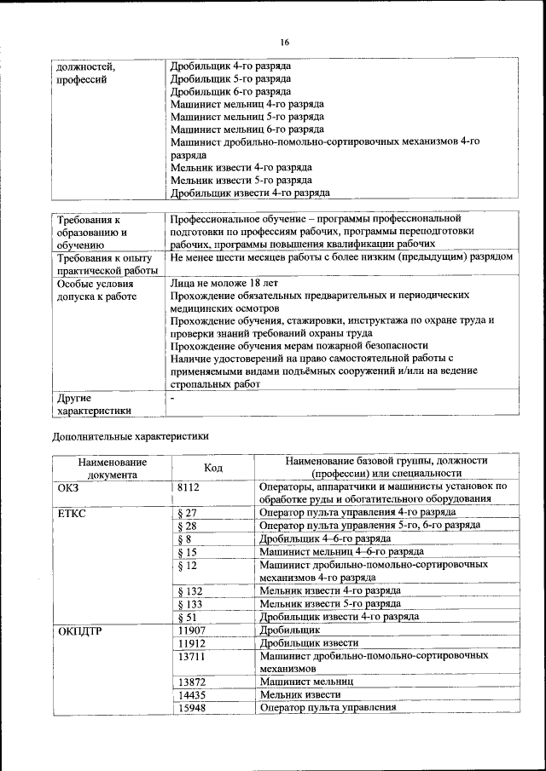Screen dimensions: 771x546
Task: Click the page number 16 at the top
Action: coord(285,43)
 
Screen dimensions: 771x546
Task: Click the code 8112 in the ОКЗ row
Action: coord(189,487)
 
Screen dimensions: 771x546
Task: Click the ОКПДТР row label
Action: coord(81,630)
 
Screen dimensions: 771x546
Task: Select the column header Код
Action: coord(213,467)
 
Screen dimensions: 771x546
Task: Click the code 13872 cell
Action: coord(192,682)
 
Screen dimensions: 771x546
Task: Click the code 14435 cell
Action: coord(192,695)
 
